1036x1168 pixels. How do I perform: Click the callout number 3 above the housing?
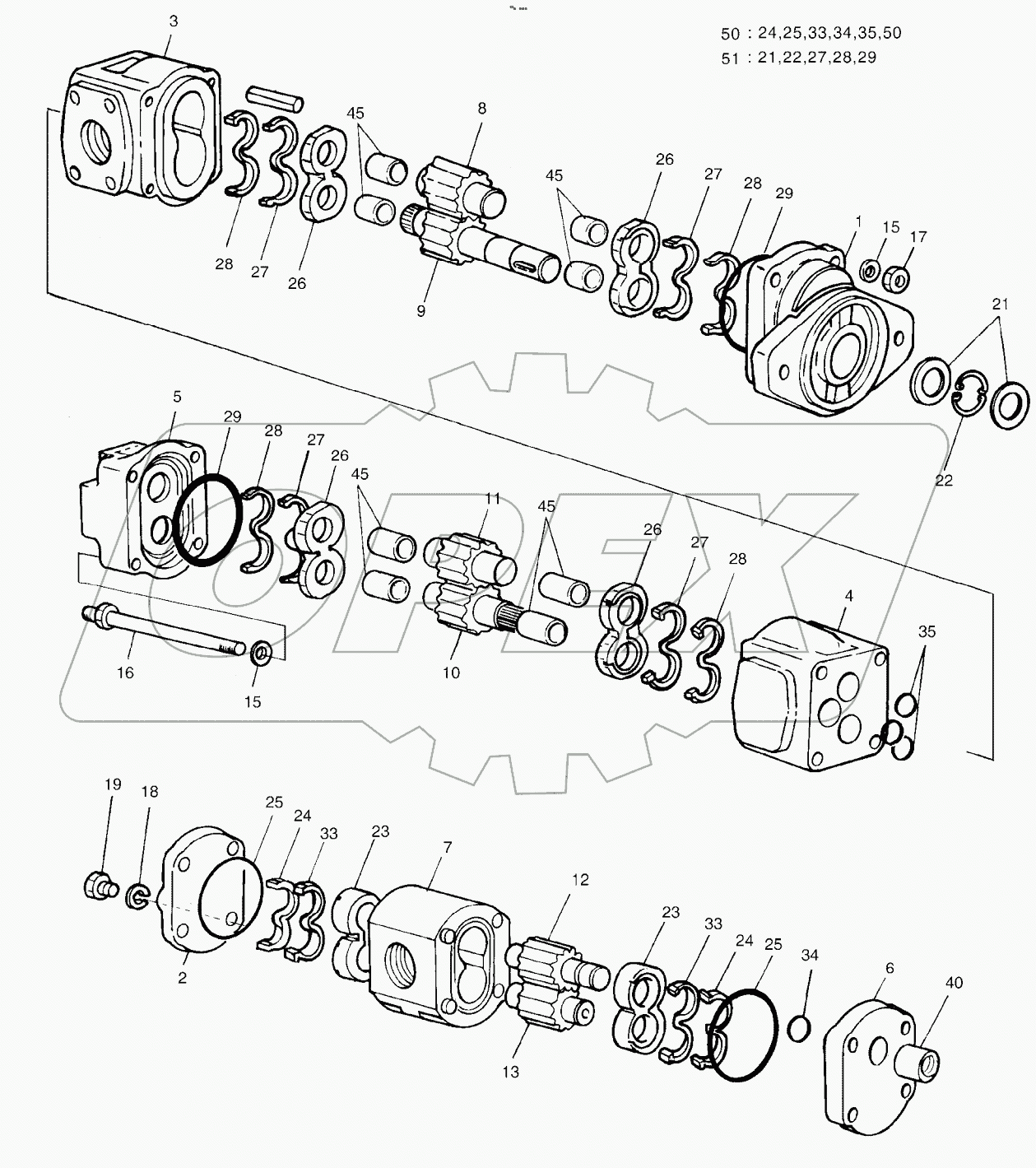click(173, 21)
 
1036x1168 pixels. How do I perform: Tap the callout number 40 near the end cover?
click(954, 982)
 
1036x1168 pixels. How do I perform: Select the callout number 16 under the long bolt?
click(125, 672)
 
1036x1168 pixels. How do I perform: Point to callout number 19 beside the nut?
click(112, 784)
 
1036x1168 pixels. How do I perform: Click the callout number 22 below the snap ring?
click(943, 480)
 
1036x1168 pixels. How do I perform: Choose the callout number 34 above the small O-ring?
click(810, 955)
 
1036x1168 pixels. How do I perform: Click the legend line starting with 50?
click(811, 33)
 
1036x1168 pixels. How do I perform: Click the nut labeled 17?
click(898, 278)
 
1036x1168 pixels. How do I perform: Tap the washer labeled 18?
click(137, 896)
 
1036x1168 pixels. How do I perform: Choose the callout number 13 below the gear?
click(511, 1072)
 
